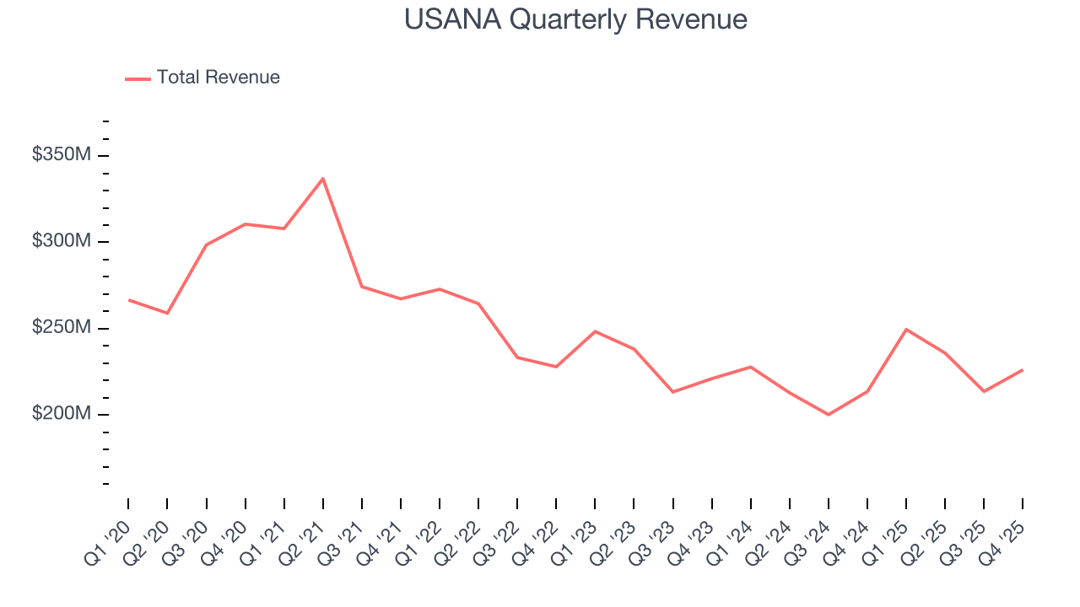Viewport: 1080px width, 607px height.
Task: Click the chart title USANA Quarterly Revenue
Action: tap(575, 19)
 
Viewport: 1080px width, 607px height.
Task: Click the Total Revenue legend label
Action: tap(218, 78)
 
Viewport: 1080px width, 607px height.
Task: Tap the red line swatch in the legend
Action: tap(138, 78)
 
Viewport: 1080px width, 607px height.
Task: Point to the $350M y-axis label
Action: tap(62, 155)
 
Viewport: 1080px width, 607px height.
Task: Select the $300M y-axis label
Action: tap(62, 241)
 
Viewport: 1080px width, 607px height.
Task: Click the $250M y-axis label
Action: tap(62, 327)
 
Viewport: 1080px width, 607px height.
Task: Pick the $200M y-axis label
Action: tap(62, 414)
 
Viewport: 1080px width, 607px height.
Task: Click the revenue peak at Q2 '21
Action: tap(323, 179)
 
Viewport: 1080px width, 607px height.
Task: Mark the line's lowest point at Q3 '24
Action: tap(829, 415)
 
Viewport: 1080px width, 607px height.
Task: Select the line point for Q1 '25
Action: tap(906, 329)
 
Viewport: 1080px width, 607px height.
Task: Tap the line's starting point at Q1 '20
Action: tap(128, 300)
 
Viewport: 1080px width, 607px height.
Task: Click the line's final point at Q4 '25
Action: tap(1023, 369)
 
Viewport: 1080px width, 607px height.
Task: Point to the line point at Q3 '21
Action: tap(362, 287)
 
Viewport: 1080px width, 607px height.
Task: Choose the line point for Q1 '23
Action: tap(595, 331)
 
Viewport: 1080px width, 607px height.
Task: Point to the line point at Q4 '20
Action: tap(245, 224)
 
